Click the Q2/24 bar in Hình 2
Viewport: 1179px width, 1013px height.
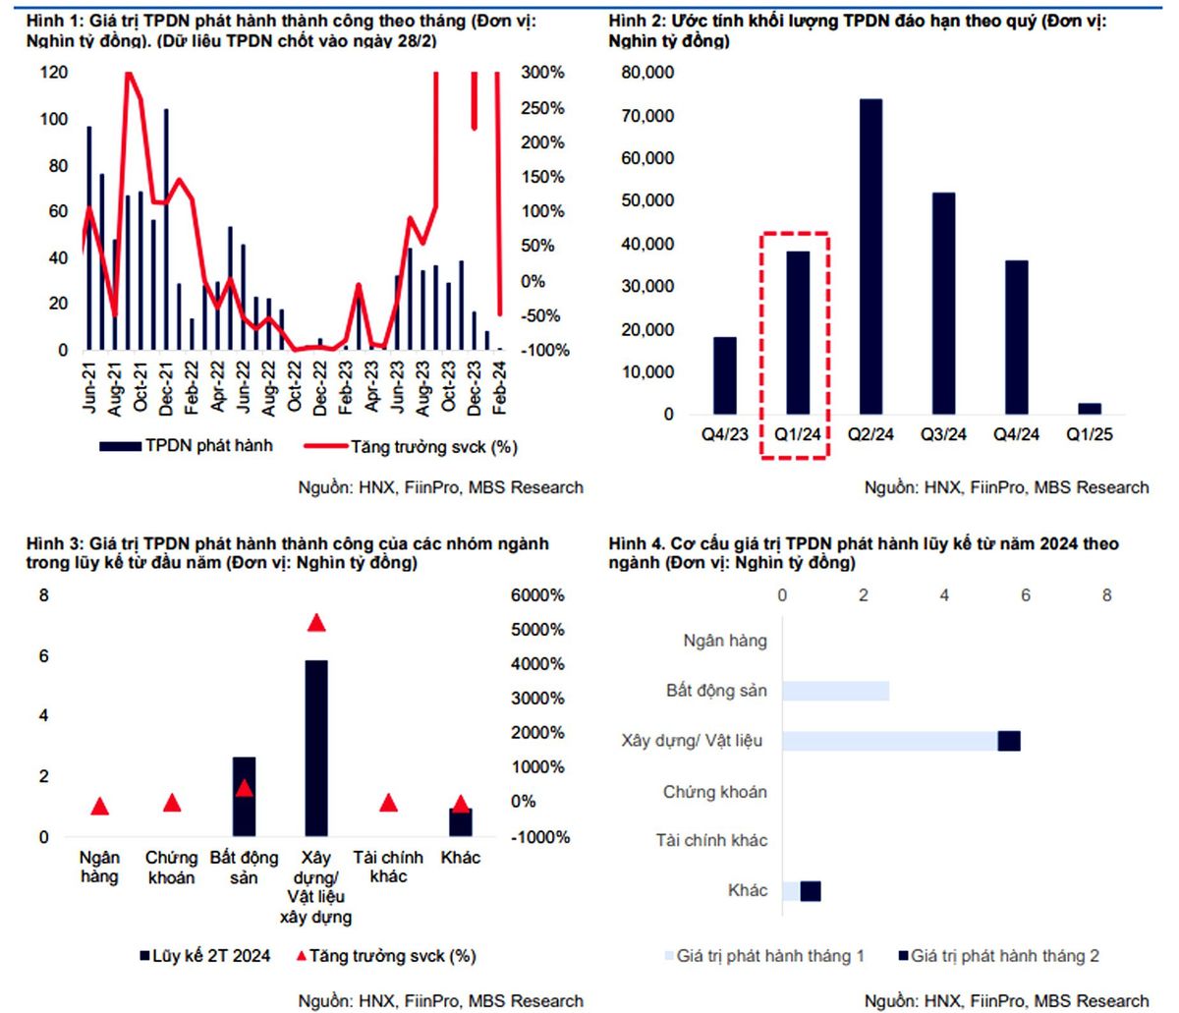pos(870,256)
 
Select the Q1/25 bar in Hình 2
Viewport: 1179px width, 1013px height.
pos(1090,409)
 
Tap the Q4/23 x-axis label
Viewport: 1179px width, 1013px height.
pos(724,434)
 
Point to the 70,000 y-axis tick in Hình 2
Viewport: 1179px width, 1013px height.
pos(647,115)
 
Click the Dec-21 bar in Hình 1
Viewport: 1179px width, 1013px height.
pos(166,229)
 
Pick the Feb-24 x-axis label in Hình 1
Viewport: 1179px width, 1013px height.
pos(499,388)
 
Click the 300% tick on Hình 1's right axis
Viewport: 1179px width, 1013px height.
pos(542,73)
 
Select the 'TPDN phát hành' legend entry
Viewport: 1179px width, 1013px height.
pos(186,446)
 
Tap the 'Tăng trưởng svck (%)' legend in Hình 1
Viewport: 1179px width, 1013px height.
pos(411,447)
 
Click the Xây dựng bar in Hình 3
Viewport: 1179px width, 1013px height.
pos(316,749)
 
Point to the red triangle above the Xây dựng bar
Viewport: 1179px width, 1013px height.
pos(316,623)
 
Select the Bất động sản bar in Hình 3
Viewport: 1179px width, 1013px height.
pos(244,797)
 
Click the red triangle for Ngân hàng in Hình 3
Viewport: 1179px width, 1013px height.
pos(100,806)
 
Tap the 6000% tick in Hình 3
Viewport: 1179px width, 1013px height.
pos(537,595)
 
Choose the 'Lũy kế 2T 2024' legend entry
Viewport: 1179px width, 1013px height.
pos(205,956)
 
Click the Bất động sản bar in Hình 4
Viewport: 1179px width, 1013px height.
pos(836,691)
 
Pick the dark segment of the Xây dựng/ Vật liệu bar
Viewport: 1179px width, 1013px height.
pos(1009,741)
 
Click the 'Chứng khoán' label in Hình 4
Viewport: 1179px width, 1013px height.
pos(714,792)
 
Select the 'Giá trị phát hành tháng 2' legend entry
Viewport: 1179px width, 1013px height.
pos(999,956)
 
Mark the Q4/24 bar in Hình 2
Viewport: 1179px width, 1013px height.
pos(1017,337)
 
